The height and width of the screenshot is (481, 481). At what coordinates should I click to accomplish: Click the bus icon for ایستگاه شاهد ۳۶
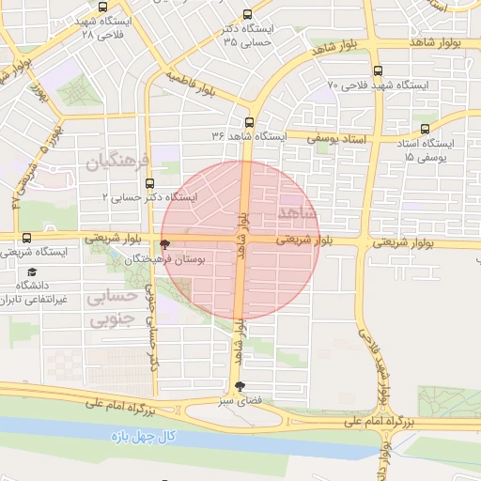249,122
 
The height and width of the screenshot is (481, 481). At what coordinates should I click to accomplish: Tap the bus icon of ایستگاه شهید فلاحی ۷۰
378,71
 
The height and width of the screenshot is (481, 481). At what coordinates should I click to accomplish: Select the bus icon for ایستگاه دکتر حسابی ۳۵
247,15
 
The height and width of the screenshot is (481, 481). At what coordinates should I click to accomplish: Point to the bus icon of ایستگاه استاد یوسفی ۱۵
426,129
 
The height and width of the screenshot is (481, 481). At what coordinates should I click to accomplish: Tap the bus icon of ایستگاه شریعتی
25,238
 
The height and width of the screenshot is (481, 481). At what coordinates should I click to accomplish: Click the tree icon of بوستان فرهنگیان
166,243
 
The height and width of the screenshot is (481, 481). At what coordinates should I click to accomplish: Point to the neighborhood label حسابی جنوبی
112,307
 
